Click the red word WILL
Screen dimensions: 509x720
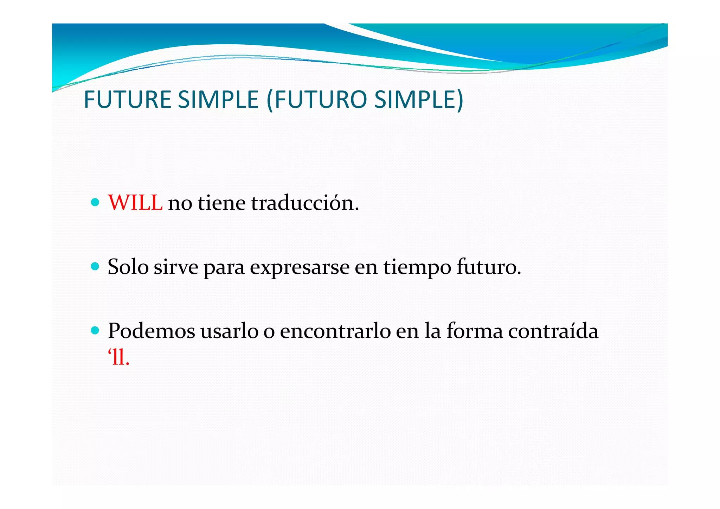point(135,203)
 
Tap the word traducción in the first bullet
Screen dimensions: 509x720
point(305,203)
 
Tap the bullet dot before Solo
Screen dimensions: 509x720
point(95,266)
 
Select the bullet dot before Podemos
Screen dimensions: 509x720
point(95,330)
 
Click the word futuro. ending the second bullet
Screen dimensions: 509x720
point(489,267)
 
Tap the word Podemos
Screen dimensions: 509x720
point(151,331)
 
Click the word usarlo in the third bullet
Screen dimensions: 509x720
point(229,331)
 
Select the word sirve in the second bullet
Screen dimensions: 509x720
point(176,267)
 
